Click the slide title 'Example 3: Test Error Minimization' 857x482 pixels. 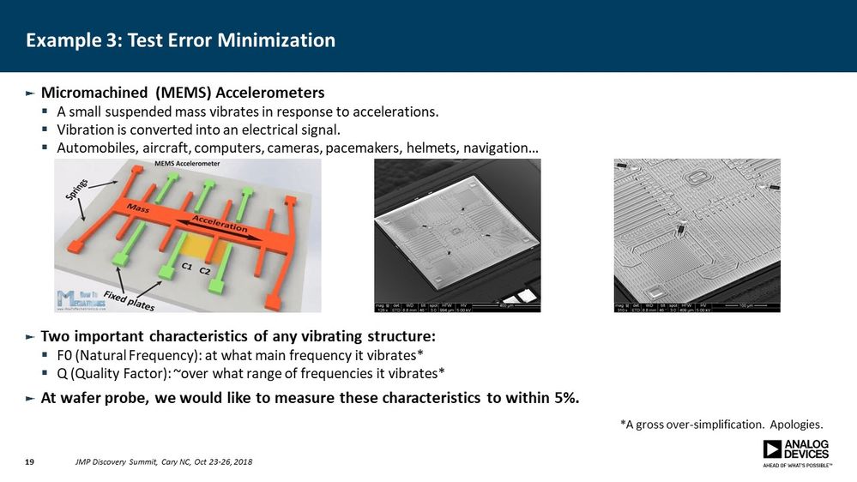pyautogui.click(x=180, y=40)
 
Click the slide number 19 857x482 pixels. pyautogui.click(x=29, y=463)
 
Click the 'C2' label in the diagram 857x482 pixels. pyautogui.click(x=205, y=271)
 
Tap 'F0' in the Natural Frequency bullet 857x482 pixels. pyautogui.click(x=66, y=355)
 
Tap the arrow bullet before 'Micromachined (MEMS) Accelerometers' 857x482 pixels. pyautogui.click(x=30, y=93)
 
